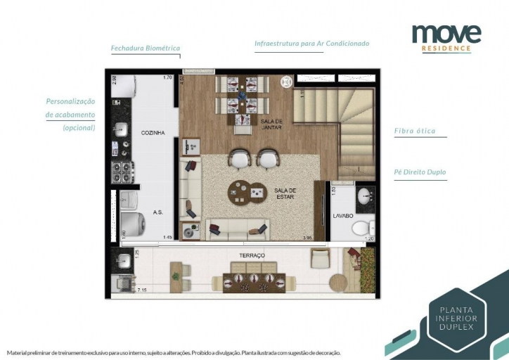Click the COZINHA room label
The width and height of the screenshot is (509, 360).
coord(153,132)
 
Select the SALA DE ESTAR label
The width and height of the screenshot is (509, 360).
coord(285,194)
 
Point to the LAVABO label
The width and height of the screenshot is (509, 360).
coord(342,216)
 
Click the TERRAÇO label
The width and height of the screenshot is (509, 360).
coord(250,256)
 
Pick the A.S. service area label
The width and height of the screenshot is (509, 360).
coord(158,212)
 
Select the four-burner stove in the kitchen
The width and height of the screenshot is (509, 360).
coord(122,171)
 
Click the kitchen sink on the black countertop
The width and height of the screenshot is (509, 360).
coord(120,130)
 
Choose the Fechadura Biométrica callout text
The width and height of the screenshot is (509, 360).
coord(146,49)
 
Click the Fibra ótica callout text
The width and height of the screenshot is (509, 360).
coord(415,131)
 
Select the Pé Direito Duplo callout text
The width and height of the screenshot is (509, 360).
coord(420,172)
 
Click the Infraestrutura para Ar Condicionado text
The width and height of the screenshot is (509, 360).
coord(311,44)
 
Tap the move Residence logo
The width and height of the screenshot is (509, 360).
coord(446,37)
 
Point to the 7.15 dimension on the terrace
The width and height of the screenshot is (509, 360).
coord(142,290)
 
